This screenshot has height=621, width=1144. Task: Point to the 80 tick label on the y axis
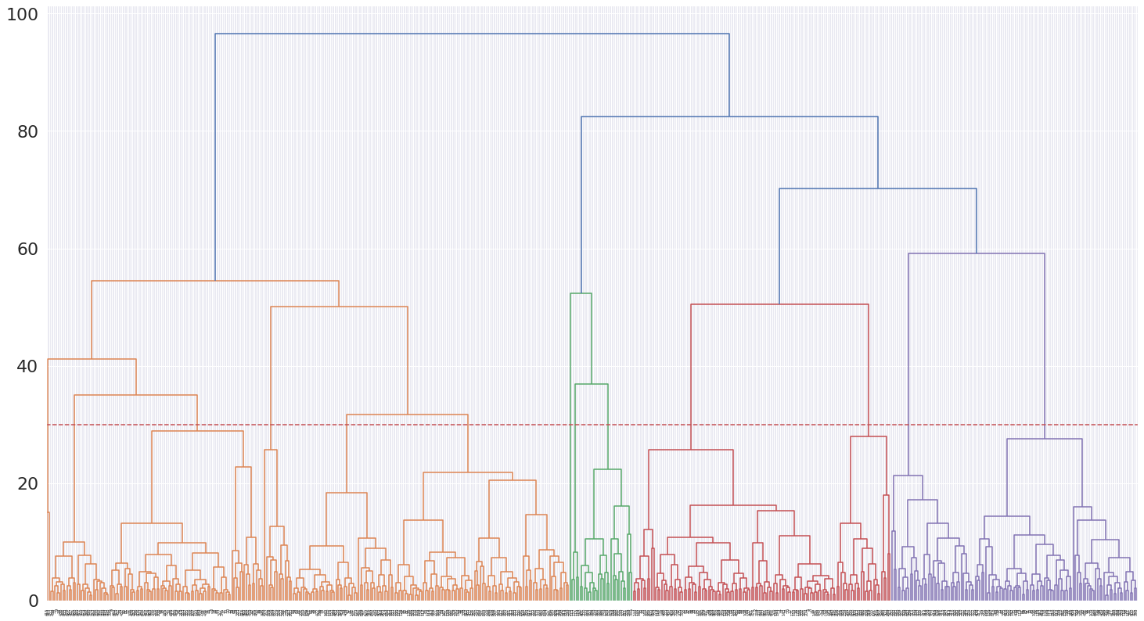pyautogui.click(x=27, y=131)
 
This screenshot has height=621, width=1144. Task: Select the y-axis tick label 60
pyautogui.click(x=27, y=249)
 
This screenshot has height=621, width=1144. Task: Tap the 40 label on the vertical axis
pyautogui.click(x=27, y=366)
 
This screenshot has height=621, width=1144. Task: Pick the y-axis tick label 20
pyautogui.click(x=27, y=483)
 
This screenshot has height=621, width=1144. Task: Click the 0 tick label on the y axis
pyautogui.click(x=34, y=601)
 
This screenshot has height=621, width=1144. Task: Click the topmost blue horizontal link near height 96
pyautogui.click(x=472, y=34)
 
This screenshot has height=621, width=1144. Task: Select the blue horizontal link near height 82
pyautogui.click(x=729, y=117)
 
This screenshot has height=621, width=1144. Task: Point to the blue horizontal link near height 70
pyautogui.click(x=878, y=188)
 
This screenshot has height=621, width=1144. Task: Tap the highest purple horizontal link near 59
pyautogui.click(x=977, y=253)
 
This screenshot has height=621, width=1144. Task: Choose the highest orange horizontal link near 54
pyautogui.click(x=215, y=281)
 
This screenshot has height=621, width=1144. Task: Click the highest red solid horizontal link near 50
pyautogui.click(x=779, y=304)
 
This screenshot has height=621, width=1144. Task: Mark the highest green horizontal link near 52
pyautogui.click(x=581, y=293)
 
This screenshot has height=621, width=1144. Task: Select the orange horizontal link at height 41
pyautogui.click(x=92, y=359)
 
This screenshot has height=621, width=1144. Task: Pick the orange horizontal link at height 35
pyautogui.click(x=135, y=395)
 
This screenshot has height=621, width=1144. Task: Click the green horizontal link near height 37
pyautogui.click(x=592, y=384)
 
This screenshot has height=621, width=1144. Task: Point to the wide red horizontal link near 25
pyautogui.click(x=691, y=450)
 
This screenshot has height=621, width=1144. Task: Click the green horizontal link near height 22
pyautogui.click(x=607, y=469)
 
